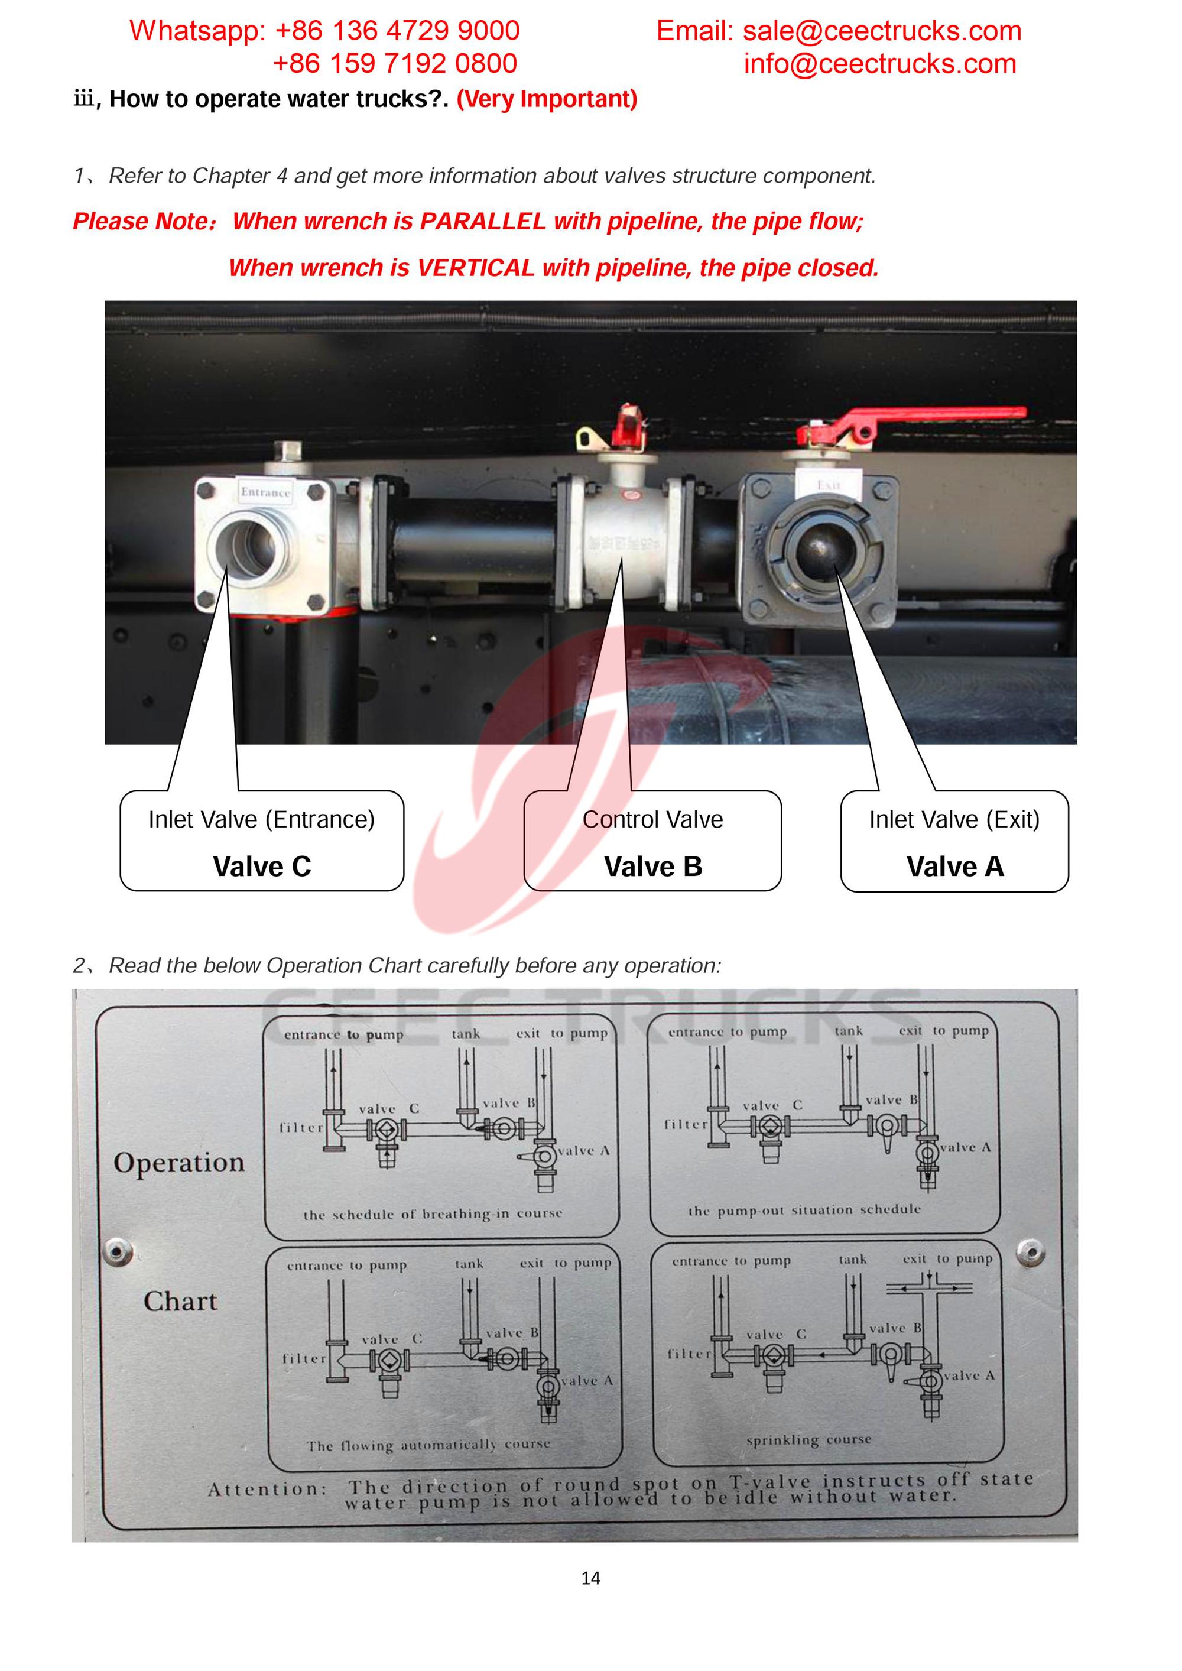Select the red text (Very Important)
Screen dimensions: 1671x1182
pos(547,99)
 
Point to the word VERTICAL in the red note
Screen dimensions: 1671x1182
pos(475,268)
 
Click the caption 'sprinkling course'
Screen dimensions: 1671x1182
pos(808,1439)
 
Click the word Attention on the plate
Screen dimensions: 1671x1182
pos(266,1489)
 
